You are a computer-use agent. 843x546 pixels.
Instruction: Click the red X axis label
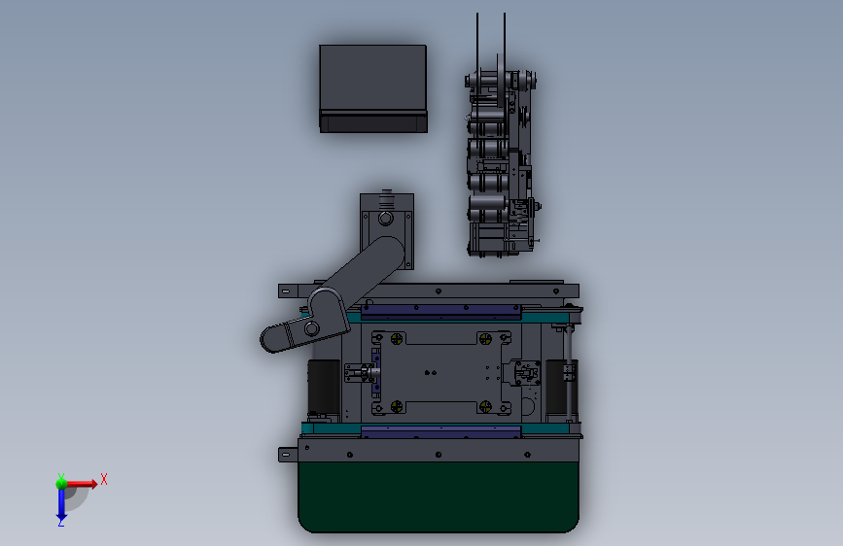(103, 478)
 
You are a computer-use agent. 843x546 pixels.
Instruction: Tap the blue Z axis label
(60, 522)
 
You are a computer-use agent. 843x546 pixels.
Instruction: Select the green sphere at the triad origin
(61, 482)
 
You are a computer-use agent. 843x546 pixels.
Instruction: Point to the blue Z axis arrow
(60, 503)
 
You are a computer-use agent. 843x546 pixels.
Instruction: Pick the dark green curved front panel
(439, 495)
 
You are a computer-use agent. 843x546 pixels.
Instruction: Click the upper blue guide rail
(441, 311)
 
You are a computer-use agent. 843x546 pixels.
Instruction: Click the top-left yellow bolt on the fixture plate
(397, 339)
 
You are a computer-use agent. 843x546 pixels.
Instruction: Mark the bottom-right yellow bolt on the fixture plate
(486, 405)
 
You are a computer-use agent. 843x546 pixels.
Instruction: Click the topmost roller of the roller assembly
(487, 79)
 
